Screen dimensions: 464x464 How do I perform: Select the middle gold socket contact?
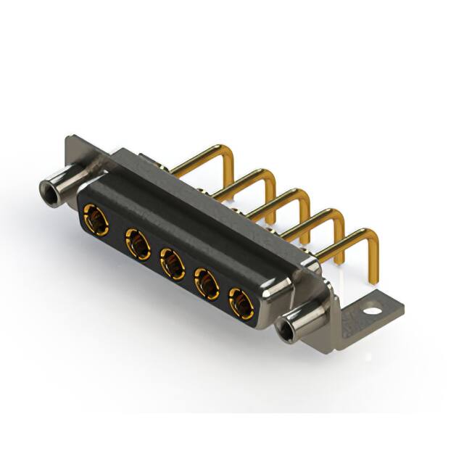point(172,264)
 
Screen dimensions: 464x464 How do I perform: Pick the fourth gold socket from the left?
point(207,283)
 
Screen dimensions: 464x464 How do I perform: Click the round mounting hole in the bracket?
point(372,310)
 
